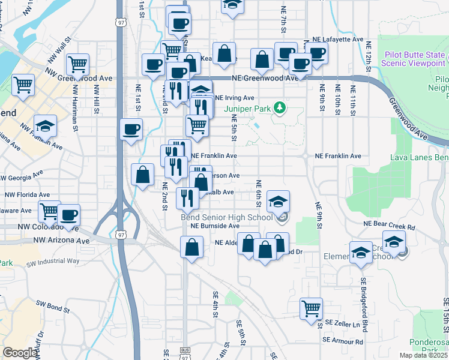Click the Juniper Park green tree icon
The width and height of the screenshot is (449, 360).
point(279,108)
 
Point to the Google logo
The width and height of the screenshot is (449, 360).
point(19,352)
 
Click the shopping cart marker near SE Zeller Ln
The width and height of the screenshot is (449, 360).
point(311,309)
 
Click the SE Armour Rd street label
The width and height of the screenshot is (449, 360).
point(343,341)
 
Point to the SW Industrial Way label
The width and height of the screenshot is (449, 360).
point(53,261)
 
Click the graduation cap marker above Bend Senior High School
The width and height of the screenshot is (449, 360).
point(278,201)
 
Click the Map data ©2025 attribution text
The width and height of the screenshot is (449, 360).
point(423,355)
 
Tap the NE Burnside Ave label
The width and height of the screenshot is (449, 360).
point(215,226)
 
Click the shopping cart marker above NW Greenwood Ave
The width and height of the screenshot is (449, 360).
point(78,64)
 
